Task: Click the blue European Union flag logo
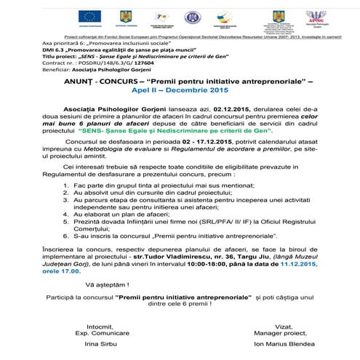click(x=80, y=15)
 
